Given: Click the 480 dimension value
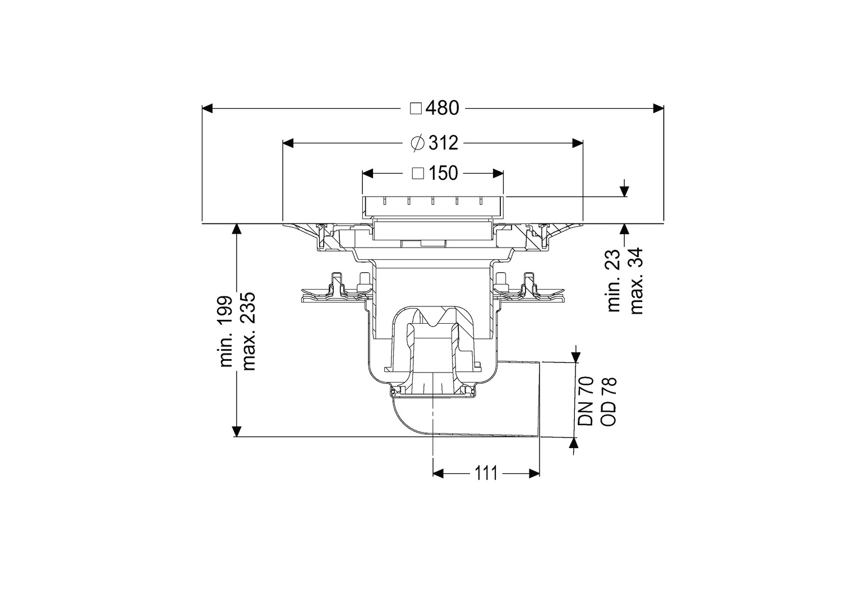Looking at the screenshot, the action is [x=443, y=108].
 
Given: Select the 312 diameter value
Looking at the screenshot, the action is [x=443, y=143].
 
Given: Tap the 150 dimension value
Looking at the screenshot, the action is [x=443, y=173].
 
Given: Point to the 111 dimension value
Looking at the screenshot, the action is [x=486, y=473].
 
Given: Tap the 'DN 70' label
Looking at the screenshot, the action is [x=586, y=401].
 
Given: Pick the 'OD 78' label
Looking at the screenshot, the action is [x=609, y=401].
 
